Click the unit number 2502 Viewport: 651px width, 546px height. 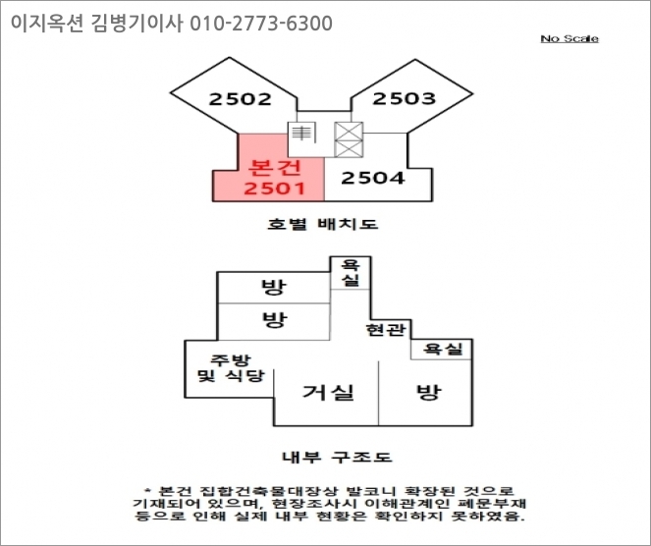point(240,98)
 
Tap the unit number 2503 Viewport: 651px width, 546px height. point(404,98)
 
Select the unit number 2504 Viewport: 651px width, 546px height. point(373,178)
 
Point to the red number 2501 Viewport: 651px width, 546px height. point(276,187)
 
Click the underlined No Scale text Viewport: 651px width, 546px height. point(570,38)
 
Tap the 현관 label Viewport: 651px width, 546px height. point(385,329)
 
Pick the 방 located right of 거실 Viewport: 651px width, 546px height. point(428,393)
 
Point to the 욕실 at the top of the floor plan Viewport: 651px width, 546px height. point(349,273)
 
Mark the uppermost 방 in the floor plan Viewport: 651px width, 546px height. point(272,288)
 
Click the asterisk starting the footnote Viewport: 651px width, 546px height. point(148,490)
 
